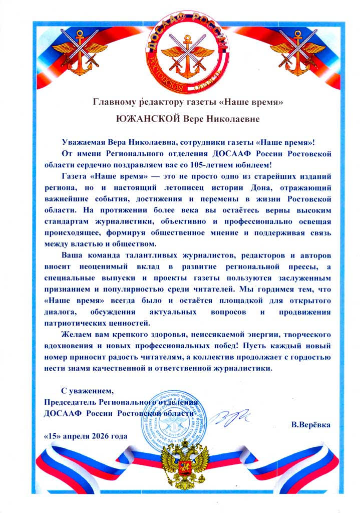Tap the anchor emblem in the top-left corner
coord(74,52)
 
